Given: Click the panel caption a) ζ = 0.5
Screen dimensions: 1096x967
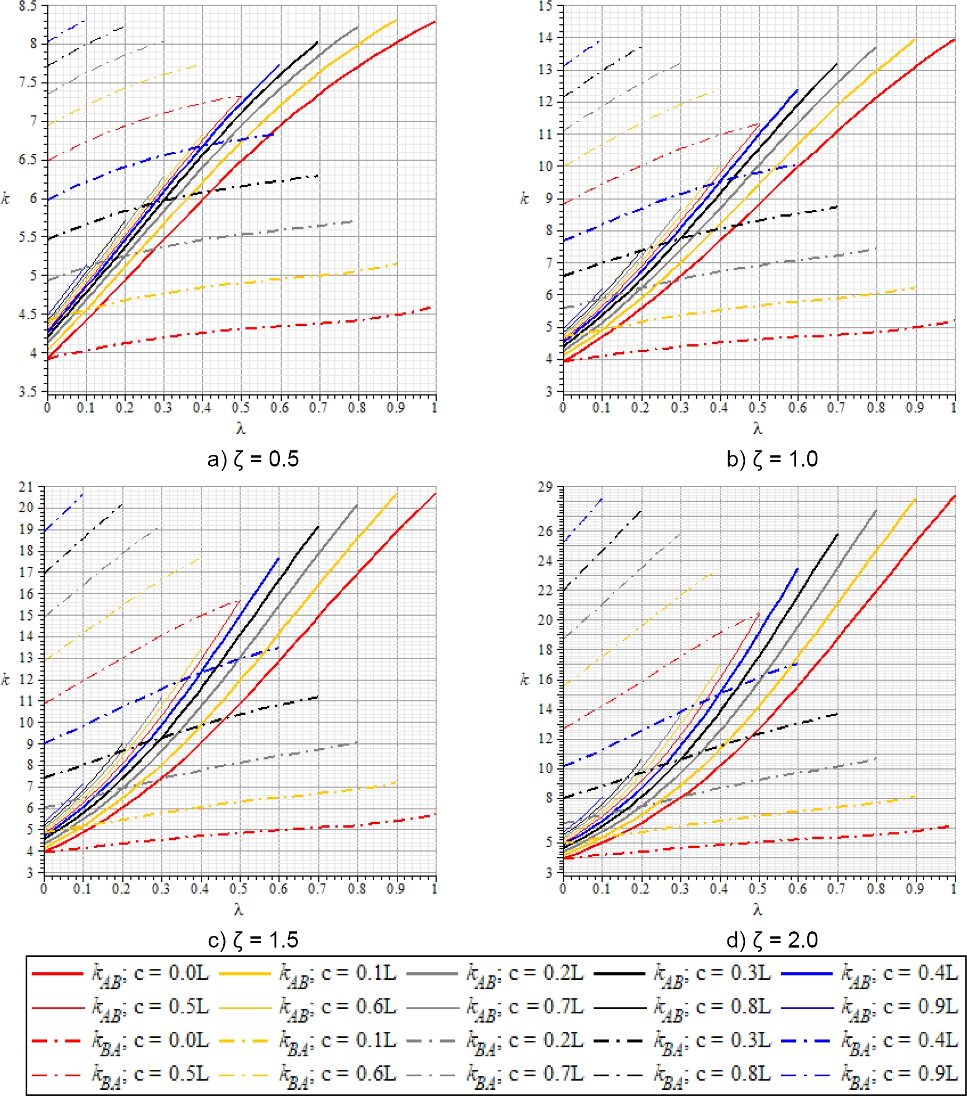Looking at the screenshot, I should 253,459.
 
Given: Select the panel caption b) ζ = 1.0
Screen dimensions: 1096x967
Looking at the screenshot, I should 772,459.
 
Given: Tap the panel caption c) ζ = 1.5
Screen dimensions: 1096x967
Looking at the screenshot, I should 253,940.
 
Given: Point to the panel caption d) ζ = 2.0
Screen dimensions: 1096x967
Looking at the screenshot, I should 772,940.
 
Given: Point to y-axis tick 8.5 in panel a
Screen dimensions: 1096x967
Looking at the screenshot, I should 27,7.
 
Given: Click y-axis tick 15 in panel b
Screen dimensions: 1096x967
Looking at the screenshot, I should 545,7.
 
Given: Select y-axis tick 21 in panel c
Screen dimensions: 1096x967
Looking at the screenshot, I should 26,487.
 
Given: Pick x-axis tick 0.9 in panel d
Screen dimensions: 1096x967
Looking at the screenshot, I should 915,889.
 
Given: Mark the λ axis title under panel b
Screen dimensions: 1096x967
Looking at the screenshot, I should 758,429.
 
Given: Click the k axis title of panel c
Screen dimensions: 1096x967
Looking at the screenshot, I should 6,680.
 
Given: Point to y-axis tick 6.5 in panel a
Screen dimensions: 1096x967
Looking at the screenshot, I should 27,160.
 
